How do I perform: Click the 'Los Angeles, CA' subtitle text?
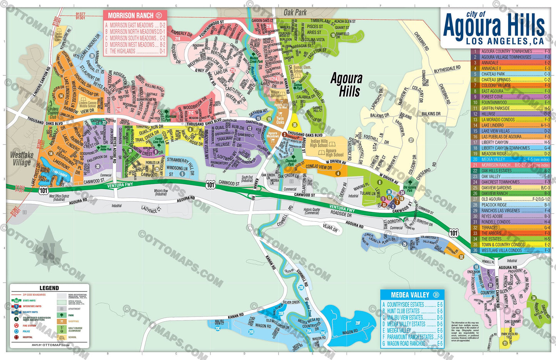[x=505, y=41]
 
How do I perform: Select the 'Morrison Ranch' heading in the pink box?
[x=131, y=16]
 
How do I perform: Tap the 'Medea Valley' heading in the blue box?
[x=410, y=295]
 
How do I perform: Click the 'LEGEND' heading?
[x=49, y=288]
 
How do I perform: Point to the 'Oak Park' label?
[x=295, y=12]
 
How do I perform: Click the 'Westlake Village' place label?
[x=22, y=158]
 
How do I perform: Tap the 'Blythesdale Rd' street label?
[x=447, y=70]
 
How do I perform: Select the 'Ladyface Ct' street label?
[x=151, y=210]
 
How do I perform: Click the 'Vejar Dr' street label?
[x=330, y=228]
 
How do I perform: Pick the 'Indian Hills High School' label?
[x=319, y=143]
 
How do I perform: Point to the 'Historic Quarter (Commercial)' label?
[x=312, y=211]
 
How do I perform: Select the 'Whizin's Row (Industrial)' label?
[x=161, y=192]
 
